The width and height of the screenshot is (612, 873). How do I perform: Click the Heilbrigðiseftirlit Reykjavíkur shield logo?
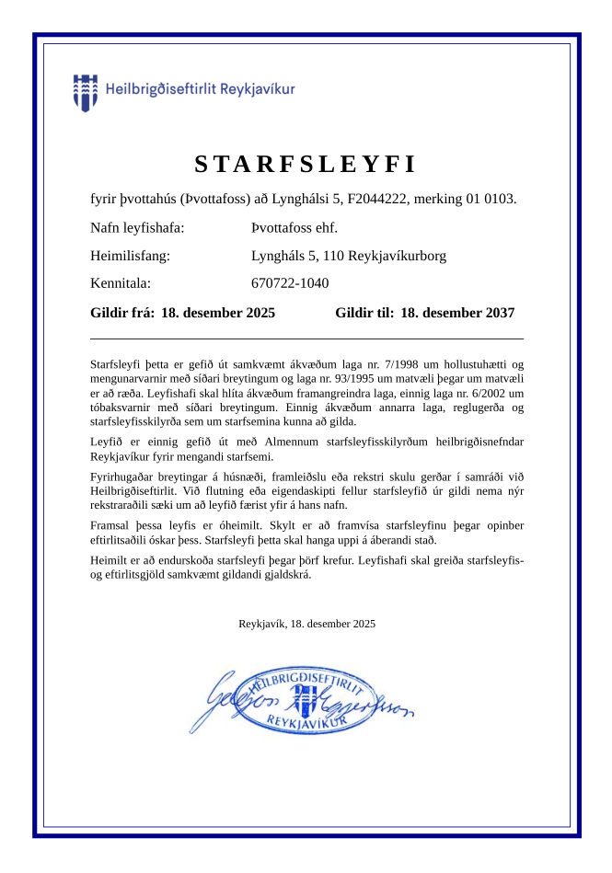pos(85,92)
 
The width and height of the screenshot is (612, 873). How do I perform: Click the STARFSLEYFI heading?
pos(306,165)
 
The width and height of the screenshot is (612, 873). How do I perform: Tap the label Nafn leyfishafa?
pos(137,228)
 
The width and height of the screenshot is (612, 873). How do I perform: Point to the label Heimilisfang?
pos(130,256)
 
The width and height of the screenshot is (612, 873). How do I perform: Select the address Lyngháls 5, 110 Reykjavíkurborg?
pos(349,256)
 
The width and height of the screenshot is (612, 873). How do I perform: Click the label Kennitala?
pos(120,283)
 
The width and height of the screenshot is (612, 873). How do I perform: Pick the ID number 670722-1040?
pos(290,283)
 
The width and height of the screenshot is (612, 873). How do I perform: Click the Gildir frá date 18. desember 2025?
pos(218,313)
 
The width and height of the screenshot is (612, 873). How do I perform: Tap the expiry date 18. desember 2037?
pos(457,313)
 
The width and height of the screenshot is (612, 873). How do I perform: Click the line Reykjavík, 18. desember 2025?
pos(306,624)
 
